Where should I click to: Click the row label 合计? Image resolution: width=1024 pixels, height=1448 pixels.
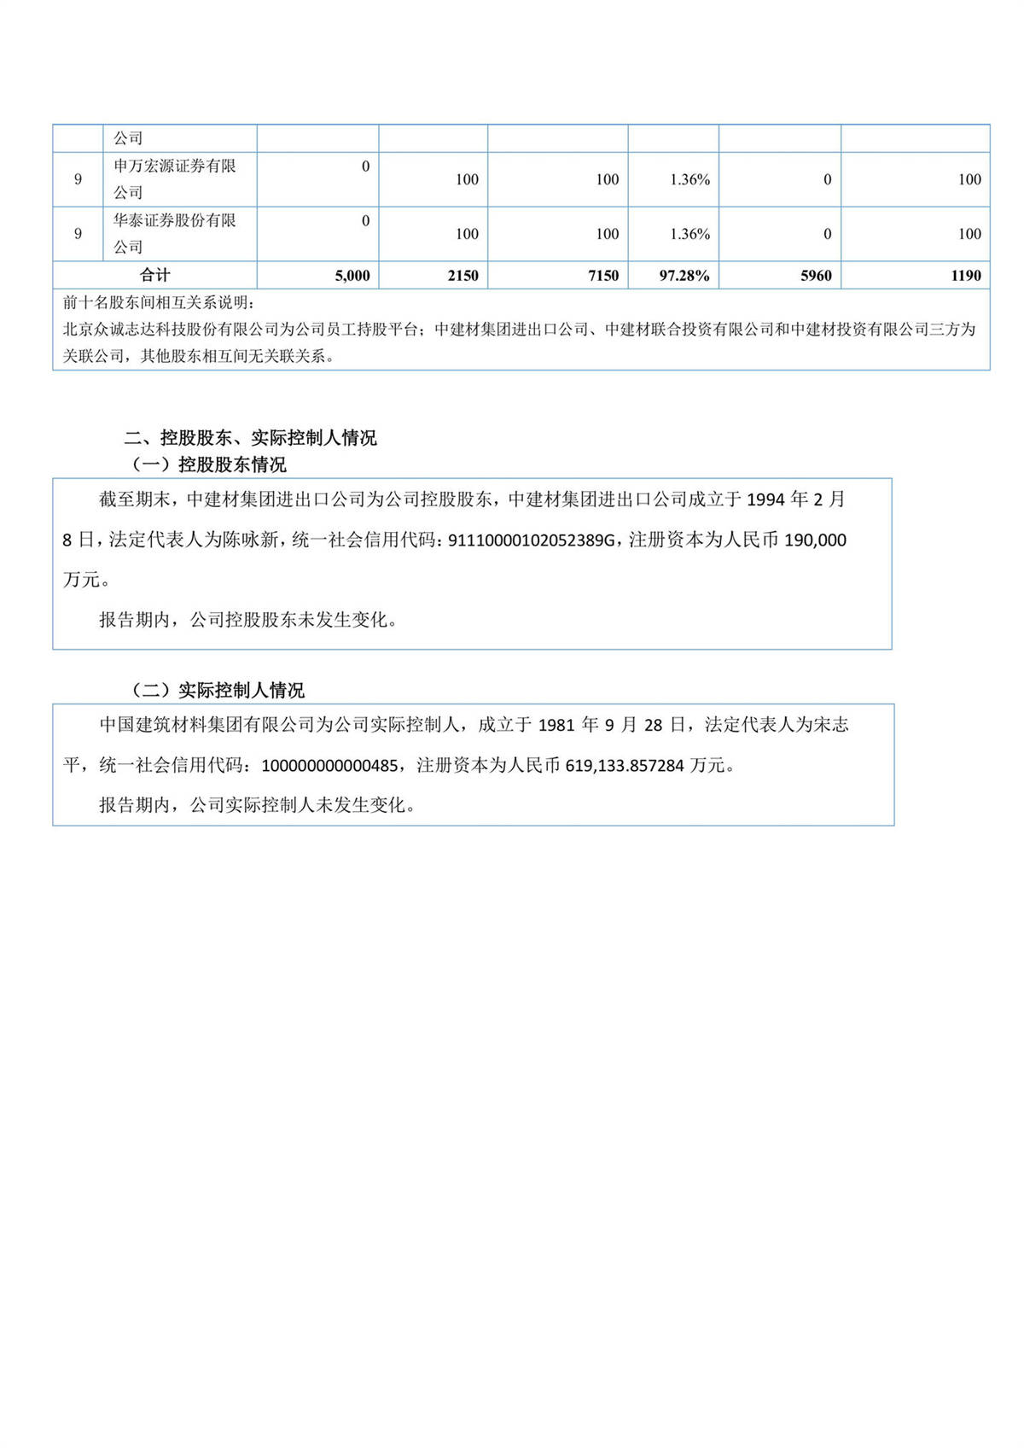point(154,275)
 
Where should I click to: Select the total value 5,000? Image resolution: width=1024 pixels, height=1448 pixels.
point(352,276)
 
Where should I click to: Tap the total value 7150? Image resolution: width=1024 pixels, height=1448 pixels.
point(603,276)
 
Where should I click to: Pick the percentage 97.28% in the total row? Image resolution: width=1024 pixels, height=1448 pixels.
point(684,276)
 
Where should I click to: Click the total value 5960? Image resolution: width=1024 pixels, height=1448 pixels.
point(816,276)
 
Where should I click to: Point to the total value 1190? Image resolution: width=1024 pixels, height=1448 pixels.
point(966,276)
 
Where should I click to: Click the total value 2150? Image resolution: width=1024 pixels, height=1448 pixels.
point(463,276)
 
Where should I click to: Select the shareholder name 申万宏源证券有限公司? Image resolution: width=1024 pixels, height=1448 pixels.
point(175,179)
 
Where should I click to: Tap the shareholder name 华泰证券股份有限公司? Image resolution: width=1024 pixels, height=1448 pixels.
point(175,233)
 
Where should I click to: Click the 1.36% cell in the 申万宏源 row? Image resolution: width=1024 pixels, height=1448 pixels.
point(689,179)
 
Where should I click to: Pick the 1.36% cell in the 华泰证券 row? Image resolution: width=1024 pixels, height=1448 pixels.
point(689,234)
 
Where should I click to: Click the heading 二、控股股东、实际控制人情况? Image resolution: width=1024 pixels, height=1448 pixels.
point(250,438)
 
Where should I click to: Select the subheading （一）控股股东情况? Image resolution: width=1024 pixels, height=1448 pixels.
point(209,464)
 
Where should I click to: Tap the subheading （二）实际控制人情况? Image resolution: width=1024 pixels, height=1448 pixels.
point(218,690)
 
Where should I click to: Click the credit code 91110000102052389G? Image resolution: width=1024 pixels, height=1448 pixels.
point(531,540)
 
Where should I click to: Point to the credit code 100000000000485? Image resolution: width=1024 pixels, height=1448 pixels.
point(329,766)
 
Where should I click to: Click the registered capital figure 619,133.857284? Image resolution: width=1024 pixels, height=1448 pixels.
point(625,766)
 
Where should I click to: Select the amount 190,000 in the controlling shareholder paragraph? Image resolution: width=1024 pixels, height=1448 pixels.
point(815,540)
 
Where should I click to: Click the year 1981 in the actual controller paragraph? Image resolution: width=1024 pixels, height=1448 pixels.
point(556,726)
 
